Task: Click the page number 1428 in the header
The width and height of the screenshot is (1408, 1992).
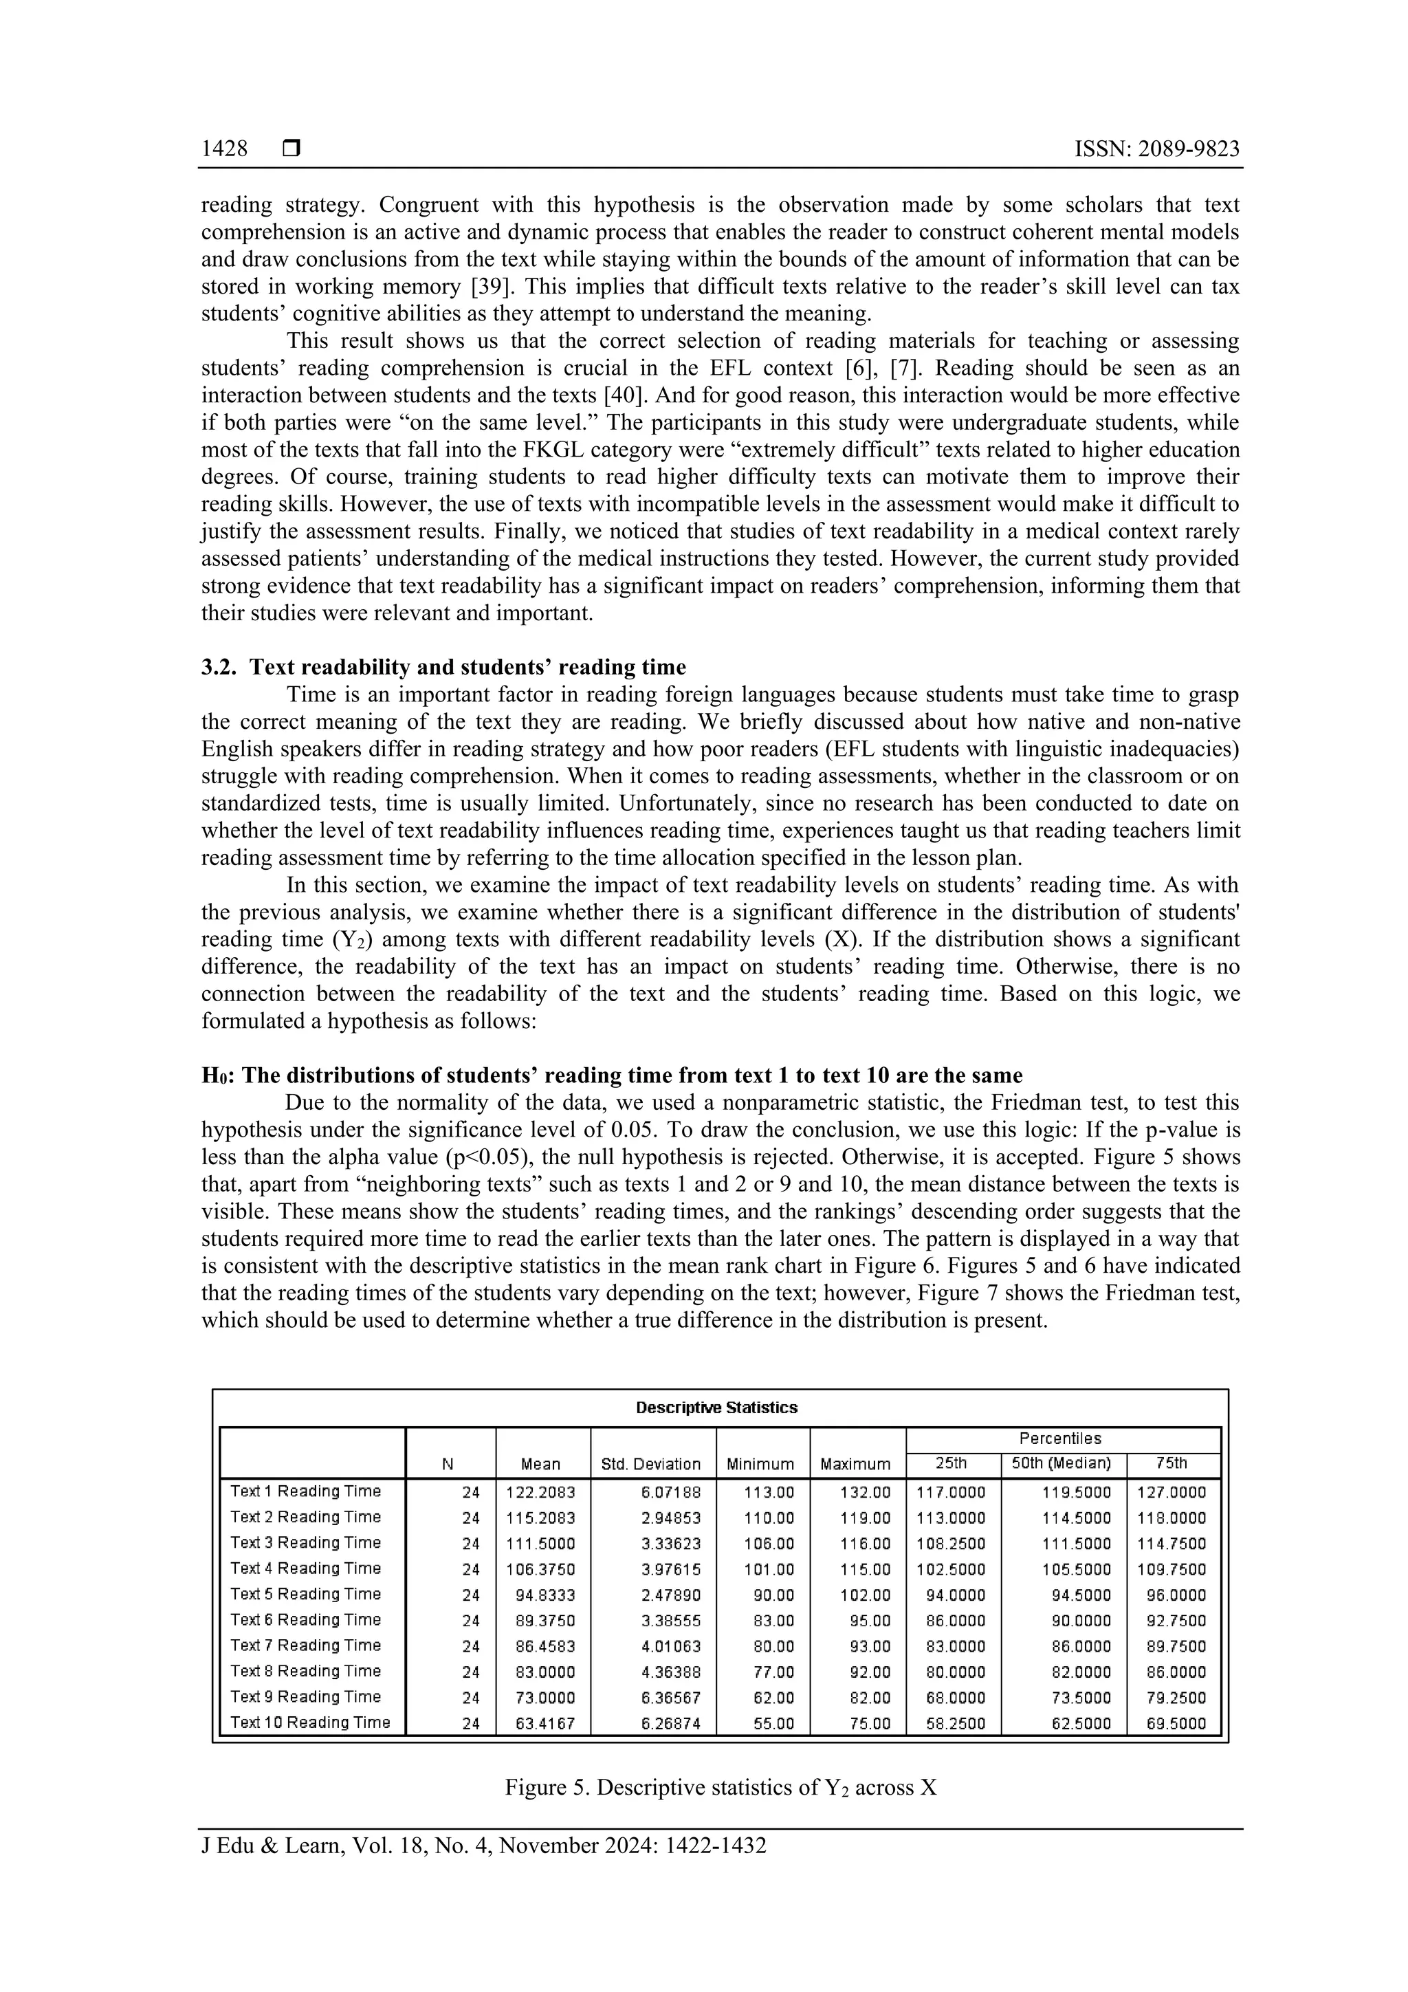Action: coord(224,149)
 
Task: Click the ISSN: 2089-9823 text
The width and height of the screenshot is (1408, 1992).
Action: coord(1156,149)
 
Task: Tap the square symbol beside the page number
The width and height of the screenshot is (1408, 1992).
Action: coord(291,149)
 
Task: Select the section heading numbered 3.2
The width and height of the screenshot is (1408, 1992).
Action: coord(443,667)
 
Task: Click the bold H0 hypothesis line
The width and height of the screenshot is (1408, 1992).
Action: coord(612,1076)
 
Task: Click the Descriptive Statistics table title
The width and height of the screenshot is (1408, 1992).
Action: coord(716,1408)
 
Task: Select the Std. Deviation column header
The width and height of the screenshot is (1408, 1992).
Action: coord(650,1465)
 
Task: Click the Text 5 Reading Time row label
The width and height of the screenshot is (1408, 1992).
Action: coord(305,1594)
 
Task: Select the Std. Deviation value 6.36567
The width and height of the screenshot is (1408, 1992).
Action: coord(670,1698)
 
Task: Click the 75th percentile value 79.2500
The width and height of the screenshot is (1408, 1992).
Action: coord(1176,1698)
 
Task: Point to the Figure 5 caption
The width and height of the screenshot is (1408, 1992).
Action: coord(721,1788)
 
